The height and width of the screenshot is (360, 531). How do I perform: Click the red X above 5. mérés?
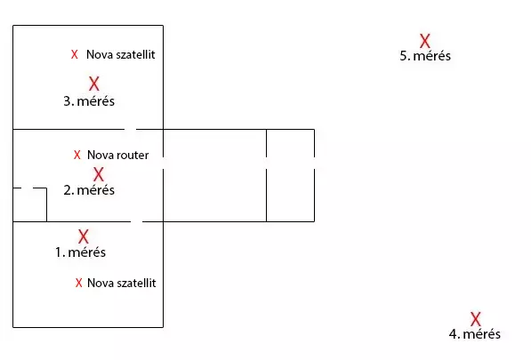tap(424, 41)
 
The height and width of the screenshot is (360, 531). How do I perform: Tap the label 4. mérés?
tap(474, 334)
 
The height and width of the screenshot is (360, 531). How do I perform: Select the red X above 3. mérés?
tap(94, 84)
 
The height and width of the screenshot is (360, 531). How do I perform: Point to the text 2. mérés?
tap(89, 190)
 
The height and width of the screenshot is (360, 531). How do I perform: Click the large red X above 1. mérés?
tap(84, 236)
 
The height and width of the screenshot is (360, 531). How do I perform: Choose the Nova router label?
tap(117, 155)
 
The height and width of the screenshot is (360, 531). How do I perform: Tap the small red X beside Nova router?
tap(77, 155)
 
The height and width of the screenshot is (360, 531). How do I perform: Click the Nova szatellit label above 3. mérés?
tap(121, 54)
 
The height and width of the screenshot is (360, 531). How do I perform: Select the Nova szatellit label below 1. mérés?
tap(122, 283)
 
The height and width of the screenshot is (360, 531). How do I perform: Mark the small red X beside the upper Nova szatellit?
tap(75, 54)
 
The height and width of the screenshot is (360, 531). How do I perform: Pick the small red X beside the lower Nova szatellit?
tap(79, 283)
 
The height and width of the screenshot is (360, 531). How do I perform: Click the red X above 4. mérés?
tap(476, 319)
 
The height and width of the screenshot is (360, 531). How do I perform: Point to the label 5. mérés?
tap(425, 56)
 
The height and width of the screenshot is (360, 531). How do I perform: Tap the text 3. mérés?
tap(89, 101)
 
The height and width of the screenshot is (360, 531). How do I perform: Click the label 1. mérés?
tap(81, 252)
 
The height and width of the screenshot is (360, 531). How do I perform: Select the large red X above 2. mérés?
tap(99, 174)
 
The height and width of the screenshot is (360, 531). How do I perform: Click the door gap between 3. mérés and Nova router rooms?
tap(130, 129)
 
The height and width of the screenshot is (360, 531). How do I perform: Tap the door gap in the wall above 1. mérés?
tap(136, 221)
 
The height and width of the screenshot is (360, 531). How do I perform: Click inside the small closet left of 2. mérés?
tap(29, 204)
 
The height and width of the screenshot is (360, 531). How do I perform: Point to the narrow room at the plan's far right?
tap(290, 175)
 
